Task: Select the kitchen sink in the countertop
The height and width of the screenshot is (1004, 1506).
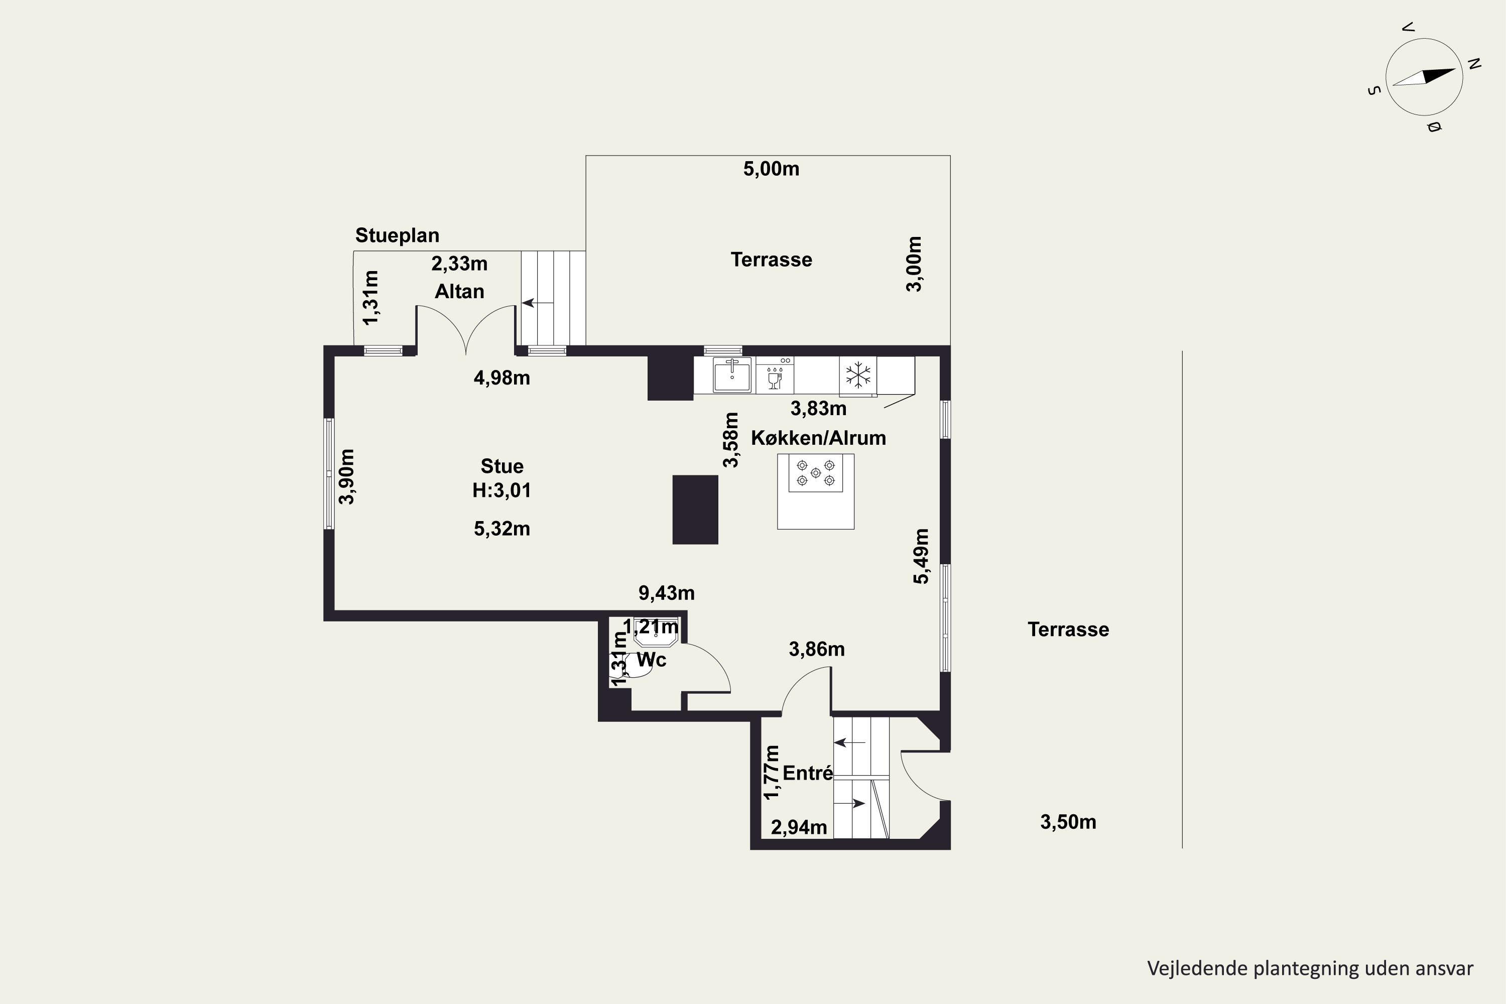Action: pyautogui.click(x=732, y=374)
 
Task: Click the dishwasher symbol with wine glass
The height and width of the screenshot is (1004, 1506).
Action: pyautogui.click(x=775, y=374)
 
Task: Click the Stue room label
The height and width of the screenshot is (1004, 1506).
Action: pyautogui.click(x=502, y=466)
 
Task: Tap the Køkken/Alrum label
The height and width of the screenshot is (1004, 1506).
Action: pyautogui.click(x=818, y=438)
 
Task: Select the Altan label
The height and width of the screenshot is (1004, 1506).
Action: pyautogui.click(x=459, y=291)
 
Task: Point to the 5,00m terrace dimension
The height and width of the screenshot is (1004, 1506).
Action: pyautogui.click(x=771, y=169)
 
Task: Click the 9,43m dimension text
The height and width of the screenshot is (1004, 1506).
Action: pyautogui.click(x=667, y=593)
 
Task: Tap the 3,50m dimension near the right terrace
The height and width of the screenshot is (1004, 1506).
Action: pyautogui.click(x=1068, y=822)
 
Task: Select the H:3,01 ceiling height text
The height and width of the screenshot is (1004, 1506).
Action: pyautogui.click(x=502, y=490)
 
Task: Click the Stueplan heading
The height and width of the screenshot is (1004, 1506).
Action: pyautogui.click(x=397, y=235)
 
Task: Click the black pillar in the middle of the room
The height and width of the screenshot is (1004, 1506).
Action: pyautogui.click(x=695, y=510)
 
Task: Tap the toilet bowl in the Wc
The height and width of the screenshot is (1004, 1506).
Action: pyautogui.click(x=635, y=665)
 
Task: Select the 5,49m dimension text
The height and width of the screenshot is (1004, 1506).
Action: pyautogui.click(x=921, y=556)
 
